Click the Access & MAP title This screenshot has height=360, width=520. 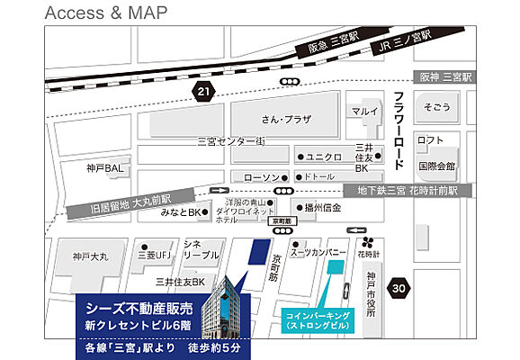coord(94,14)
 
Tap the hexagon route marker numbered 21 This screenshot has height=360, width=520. coord(204,92)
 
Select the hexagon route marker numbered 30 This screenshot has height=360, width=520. coord(399,289)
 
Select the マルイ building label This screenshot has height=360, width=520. coord(364,112)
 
